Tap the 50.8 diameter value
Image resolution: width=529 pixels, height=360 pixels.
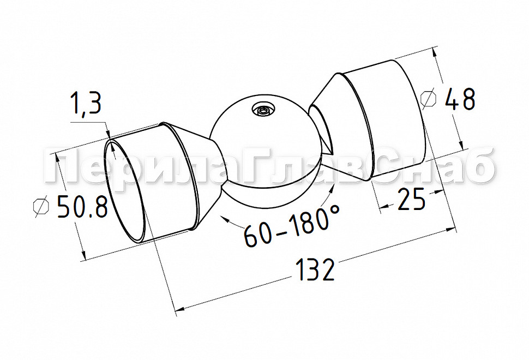[83, 206]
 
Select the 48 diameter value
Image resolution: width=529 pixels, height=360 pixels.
[460, 99]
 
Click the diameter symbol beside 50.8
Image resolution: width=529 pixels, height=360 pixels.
[41, 207]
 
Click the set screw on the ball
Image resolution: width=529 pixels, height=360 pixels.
[264, 110]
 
